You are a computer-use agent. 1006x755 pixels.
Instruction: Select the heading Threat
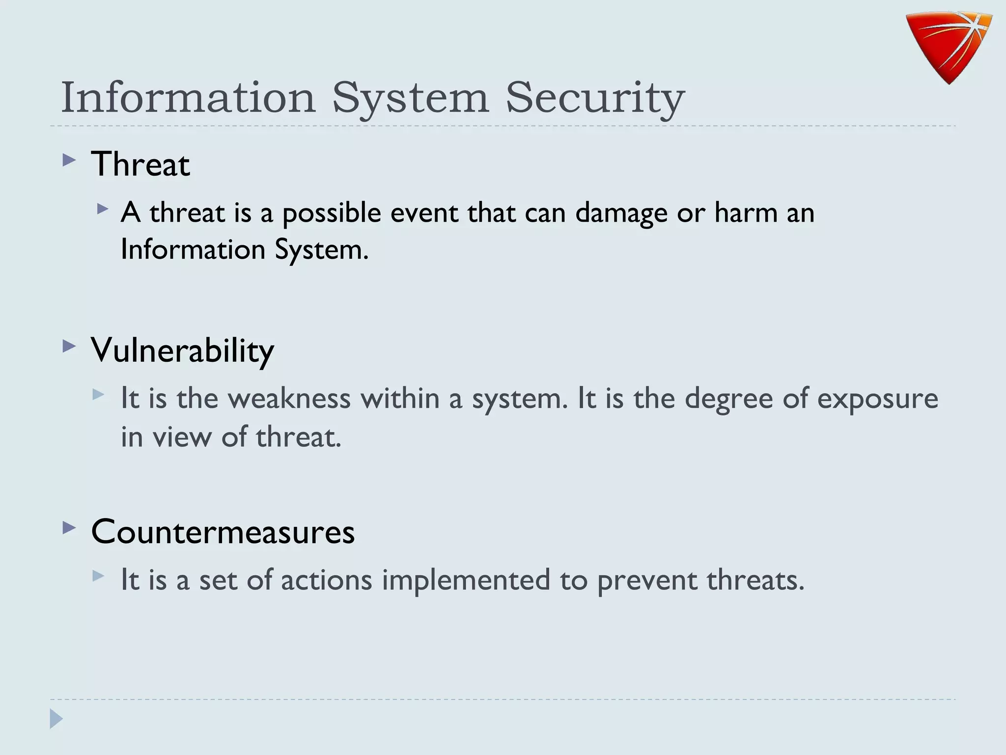click(x=140, y=164)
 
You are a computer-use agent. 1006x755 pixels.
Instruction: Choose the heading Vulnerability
click(x=182, y=350)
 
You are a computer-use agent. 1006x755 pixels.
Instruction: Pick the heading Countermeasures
click(x=223, y=532)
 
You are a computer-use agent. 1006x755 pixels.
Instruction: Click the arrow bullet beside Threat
click(x=69, y=160)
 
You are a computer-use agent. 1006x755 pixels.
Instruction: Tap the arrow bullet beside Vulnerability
click(x=69, y=347)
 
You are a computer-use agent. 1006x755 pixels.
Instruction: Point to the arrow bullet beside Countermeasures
click(x=69, y=528)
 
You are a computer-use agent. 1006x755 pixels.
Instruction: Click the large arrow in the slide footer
click(x=56, y=719)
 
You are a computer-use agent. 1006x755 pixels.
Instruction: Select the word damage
click(x=621, y=213)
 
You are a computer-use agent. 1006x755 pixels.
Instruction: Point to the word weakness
click(x=289, y=398)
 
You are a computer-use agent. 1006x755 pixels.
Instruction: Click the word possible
click(x=332, y=213)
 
